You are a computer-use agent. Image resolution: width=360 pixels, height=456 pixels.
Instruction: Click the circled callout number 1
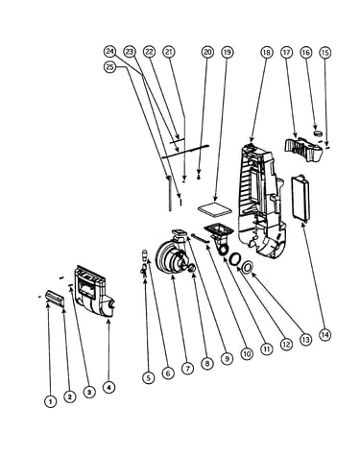click(50, 401)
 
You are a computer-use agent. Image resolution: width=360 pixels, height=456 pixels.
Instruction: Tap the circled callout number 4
click(108, 387)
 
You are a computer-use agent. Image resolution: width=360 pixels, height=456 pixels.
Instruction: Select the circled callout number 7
click(187, 368)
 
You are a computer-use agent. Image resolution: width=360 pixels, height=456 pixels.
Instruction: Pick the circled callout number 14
click(324, 335)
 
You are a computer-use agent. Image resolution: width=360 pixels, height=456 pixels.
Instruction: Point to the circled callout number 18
click(267, 52)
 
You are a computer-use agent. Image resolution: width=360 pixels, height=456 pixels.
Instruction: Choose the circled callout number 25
click(110, 67)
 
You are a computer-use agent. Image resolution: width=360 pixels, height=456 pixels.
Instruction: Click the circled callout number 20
click(207, 52)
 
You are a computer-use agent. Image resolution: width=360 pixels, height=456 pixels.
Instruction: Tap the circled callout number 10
click(247, 353)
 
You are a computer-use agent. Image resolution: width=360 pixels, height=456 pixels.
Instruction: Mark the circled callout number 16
click(306, 52)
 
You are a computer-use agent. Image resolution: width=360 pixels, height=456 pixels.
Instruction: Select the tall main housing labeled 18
click(261, 200)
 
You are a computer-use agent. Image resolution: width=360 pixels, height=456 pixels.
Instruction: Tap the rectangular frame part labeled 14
click(300, 199)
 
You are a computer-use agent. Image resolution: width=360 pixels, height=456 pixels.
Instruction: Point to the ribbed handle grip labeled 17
click(302, 149)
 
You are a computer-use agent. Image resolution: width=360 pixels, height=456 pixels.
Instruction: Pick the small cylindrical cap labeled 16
click(318, 132)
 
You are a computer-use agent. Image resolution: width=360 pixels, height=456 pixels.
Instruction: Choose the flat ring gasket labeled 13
click(248, 267)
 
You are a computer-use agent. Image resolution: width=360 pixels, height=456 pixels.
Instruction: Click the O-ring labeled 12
click(235, 258)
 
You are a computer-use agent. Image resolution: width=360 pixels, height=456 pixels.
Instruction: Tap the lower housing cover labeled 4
click(93, 291)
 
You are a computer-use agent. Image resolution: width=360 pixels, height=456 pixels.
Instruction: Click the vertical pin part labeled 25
click(169, 194)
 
